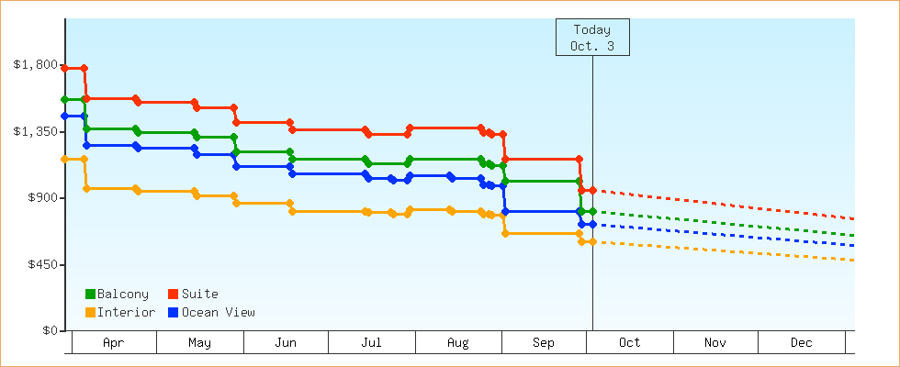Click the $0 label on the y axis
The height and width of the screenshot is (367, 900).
[46, 331]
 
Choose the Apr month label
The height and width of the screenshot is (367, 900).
[114, 343]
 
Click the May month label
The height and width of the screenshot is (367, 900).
[199, 343]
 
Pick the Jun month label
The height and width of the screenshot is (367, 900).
[286, 343]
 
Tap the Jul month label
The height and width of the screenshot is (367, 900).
[371, 343]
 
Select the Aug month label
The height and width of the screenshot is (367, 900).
[457, 343]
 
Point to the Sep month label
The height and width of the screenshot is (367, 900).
[544, 343]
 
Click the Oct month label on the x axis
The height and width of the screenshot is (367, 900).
[630, 343]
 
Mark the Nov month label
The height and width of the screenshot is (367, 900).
[715, 343]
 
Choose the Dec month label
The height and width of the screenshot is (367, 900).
[802, 343]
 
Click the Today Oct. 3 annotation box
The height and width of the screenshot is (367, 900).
[592, 38]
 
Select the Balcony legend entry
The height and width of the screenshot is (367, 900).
[117, 295]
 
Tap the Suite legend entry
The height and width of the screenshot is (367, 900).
[193, 295]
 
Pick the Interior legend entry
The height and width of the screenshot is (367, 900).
[119, 313]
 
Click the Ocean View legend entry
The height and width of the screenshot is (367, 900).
[211, 313]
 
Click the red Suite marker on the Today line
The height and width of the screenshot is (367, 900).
[592, 190]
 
